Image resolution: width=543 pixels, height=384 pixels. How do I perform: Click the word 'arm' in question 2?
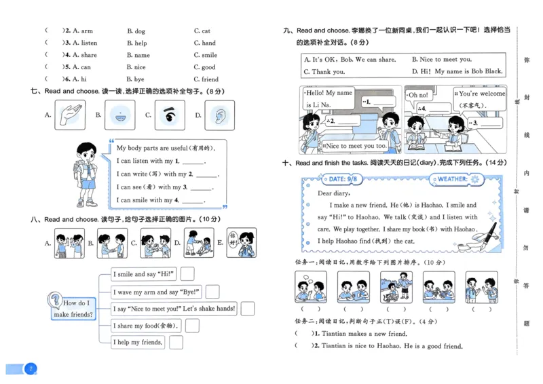[x=87, y=31]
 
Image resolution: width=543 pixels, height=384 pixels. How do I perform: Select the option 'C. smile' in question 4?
[x=205, y=56]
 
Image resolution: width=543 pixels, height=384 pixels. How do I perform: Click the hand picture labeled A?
[x=67, y=115]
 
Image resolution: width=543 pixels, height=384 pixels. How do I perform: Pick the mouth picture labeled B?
[x=119, y=115]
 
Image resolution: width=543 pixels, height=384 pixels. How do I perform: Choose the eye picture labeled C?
[x=169, y=115]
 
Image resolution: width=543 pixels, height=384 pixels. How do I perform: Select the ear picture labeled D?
[x=219, y=115]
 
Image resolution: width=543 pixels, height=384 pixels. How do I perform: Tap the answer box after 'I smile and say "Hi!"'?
[x=187, y=274]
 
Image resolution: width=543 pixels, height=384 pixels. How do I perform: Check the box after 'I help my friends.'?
[x=176, y=343]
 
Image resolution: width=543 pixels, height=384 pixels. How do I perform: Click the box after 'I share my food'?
[x=192, y=326]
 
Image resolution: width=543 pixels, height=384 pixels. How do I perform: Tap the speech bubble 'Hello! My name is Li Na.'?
[x=329, y=98]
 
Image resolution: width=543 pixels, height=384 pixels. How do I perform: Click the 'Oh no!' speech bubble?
[x=417, y=96]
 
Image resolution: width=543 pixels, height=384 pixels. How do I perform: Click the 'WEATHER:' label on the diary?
[x=451, y=179]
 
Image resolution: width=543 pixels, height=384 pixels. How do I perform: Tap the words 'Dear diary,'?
[x=333, y=193]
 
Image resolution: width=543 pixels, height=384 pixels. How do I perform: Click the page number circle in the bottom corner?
[x=30, y=369]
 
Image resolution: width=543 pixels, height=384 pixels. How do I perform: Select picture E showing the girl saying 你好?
[x=241, y=242]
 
